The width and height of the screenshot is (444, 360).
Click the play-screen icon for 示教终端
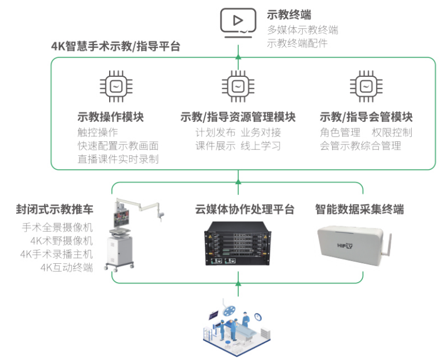[x=238, y=23]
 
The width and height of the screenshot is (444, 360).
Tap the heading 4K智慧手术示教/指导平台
[x=116, y=46]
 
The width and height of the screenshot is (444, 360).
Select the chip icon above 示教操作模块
[x=116, y=87]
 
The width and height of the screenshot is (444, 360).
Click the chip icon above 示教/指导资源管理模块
[x=238, y=87]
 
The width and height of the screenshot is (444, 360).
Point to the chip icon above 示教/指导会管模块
[x=366, y=87]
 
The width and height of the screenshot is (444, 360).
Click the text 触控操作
[x=98, y=132]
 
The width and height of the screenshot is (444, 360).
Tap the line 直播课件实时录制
[x=118, y=159]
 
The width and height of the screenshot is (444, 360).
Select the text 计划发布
[x=215, y=132]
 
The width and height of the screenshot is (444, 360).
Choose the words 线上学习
[x=261, y=146]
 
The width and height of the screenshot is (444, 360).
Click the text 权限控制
[x=392, y=132]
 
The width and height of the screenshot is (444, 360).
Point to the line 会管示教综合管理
[x=361, y=146]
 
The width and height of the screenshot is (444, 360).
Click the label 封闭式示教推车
[x=55, y=209]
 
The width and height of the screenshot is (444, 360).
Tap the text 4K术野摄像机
[x=61, y=241]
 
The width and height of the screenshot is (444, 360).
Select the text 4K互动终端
[x=67, y=268]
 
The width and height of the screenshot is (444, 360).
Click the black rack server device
[x=238, y=243]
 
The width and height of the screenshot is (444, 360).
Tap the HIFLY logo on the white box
[x=345, y=246]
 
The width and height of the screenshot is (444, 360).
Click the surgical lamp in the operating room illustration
[x=228, y=308]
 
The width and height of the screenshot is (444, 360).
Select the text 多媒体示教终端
[x=303, y=30]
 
